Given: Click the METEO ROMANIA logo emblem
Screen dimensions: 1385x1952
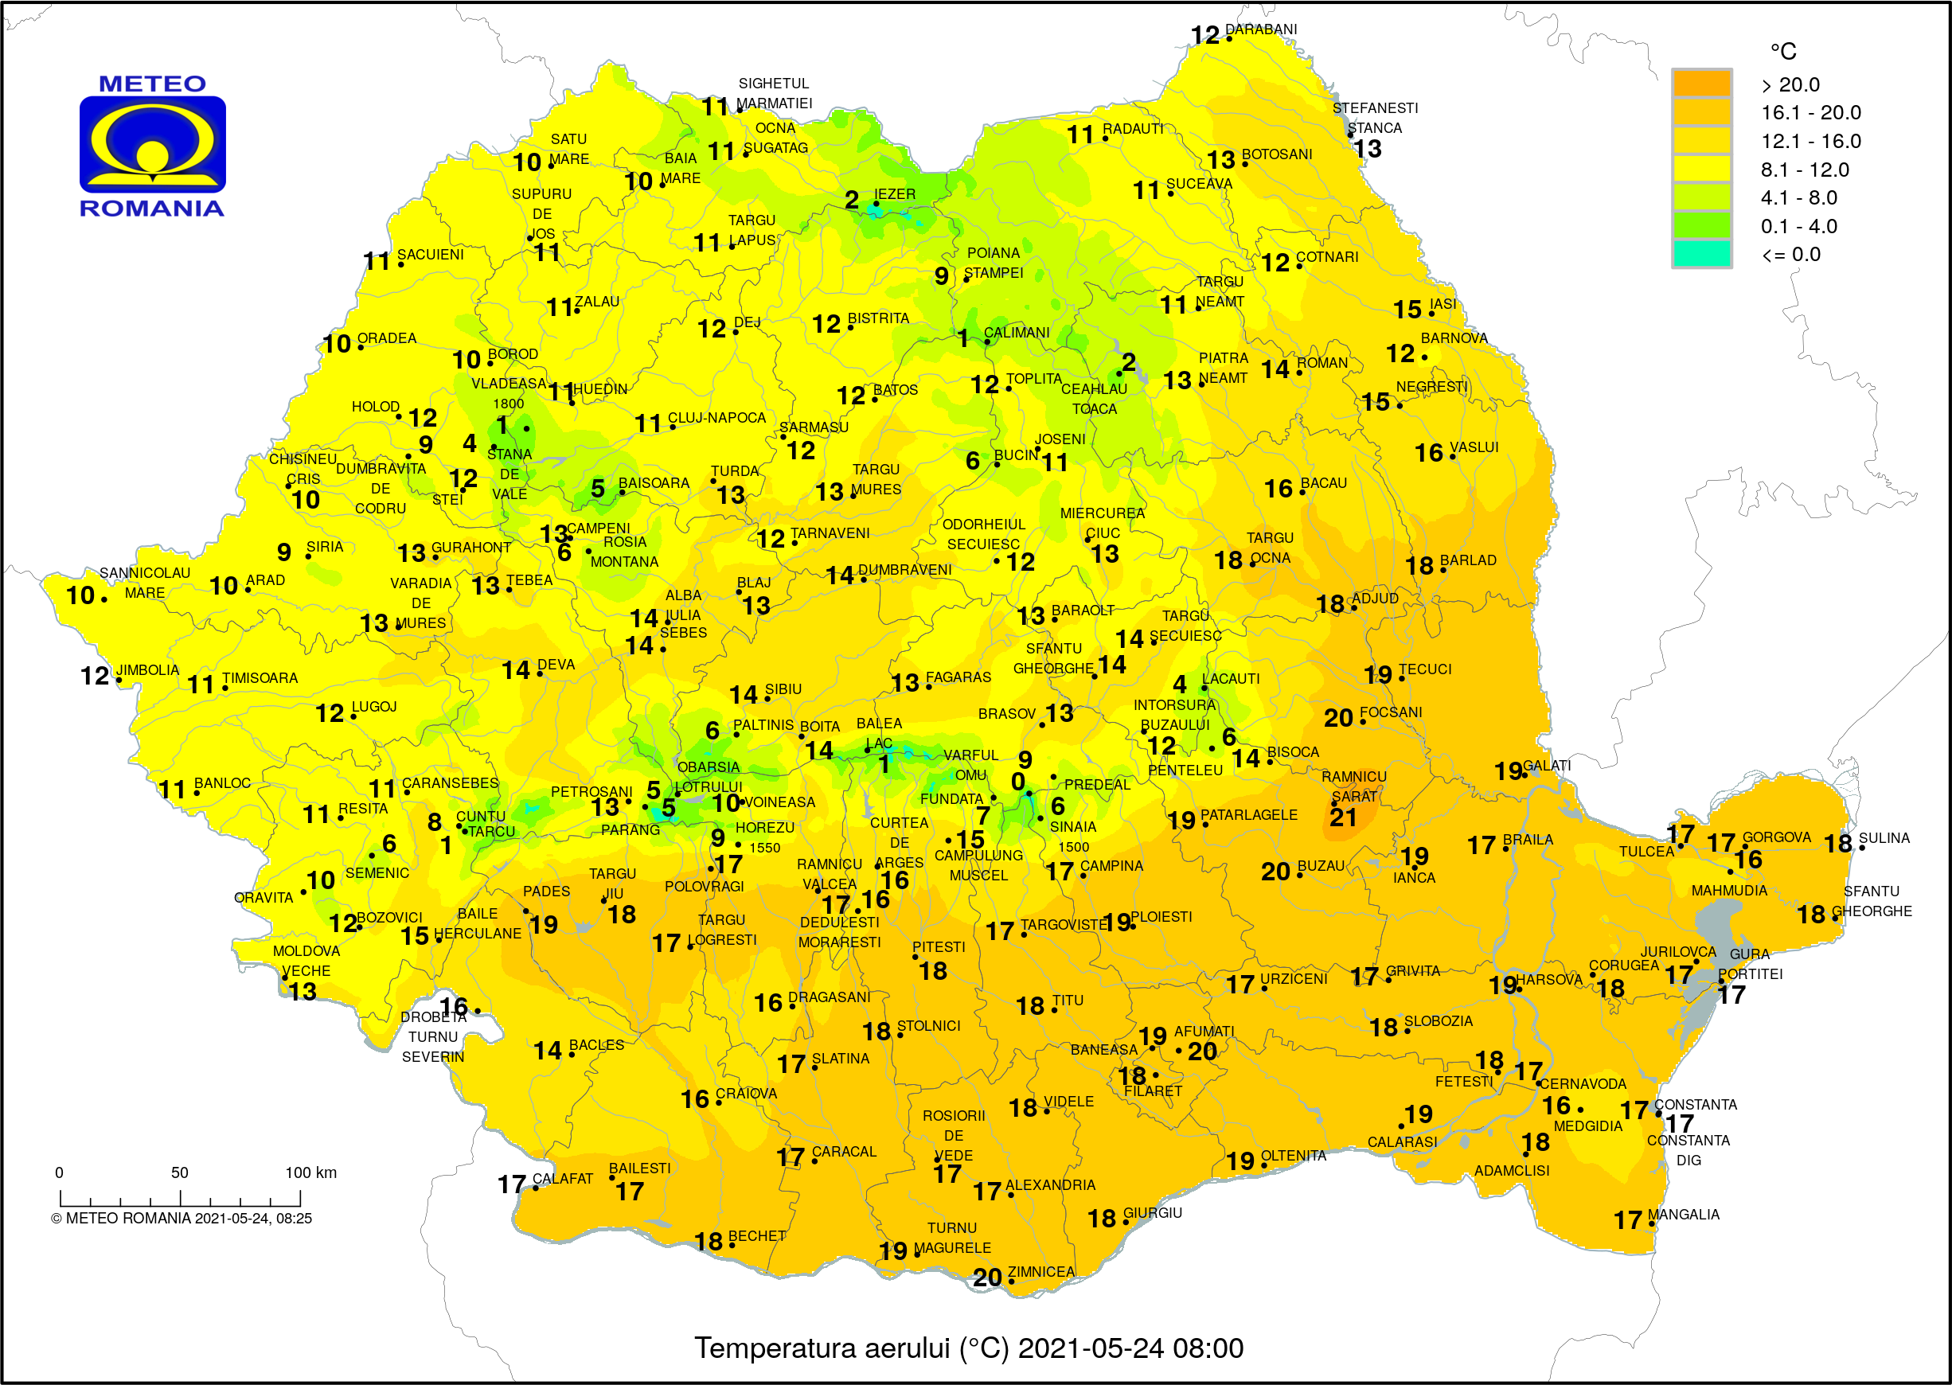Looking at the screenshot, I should click(x=153, y=144).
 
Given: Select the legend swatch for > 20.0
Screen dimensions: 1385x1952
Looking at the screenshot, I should click(x=1700, y=84).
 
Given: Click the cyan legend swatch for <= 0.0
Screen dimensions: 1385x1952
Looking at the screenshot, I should click(x=1700, y=254).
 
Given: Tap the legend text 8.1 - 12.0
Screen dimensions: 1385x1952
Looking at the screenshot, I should click(x=1805, y=170).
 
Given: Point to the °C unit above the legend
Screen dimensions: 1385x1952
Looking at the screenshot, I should click(x=1782, y=51).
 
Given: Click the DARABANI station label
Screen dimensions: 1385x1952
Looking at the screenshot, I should click(x=1260, y=29).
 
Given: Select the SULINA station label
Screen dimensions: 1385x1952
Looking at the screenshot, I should click(x=1884, y=838).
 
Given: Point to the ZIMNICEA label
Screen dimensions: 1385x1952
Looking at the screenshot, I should click(x=1040, y=1272).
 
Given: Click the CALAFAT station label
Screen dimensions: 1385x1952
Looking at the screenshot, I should click(x=562, y=1179).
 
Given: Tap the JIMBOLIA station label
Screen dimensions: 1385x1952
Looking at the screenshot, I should click(x=147, y=670).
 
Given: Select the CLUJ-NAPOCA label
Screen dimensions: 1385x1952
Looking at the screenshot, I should click(x=716, y=418).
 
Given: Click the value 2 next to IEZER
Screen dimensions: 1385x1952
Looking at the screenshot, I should click(x=851, y=200).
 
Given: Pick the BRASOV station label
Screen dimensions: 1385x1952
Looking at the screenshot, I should click(x=1006, y=714).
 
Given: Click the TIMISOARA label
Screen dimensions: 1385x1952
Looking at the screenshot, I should click(x=260, y=678).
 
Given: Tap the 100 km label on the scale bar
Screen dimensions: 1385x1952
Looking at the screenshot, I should click(x=310, y=1172).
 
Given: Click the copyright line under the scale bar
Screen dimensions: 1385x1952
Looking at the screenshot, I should click(x=182, y=1219).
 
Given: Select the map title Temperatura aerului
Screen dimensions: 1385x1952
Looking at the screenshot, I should click(x=968, y=1348).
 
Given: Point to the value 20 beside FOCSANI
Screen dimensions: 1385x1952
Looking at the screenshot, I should click(x=1338, y=718).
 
